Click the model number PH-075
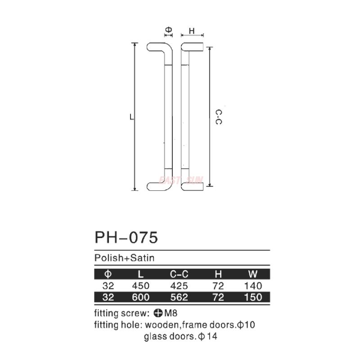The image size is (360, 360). [126, 237]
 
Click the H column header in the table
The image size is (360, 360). [219, 274]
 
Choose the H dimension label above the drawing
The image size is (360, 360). [191, 31]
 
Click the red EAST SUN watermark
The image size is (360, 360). [181, 180]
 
